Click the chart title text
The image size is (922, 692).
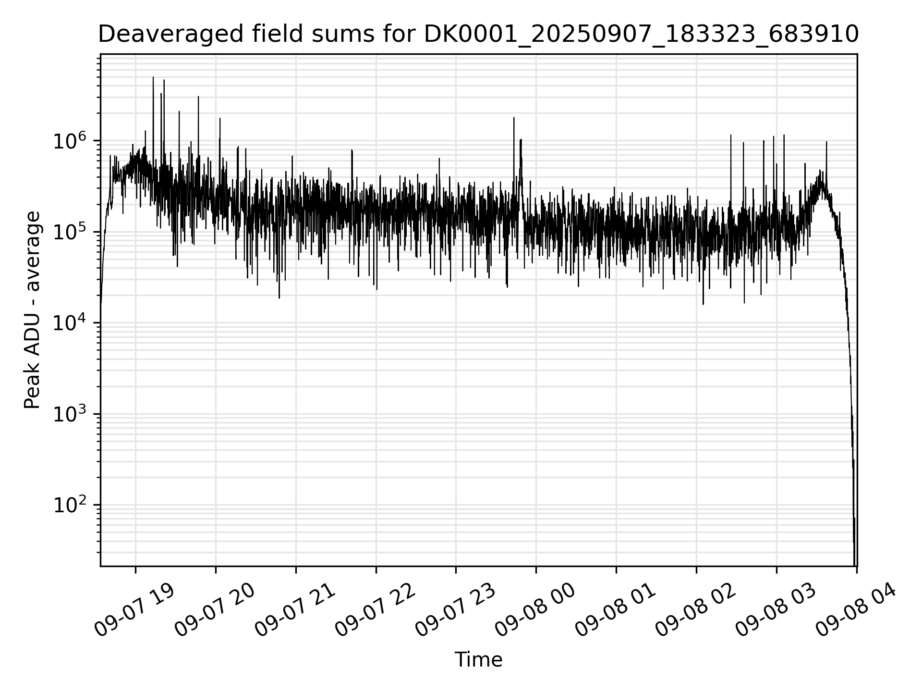coord(478,35)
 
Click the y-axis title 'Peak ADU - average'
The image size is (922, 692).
coord(33,310)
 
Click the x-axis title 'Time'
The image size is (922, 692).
coord(478,660)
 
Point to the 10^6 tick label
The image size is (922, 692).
coord(69,141)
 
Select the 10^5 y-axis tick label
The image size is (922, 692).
coord(69,233)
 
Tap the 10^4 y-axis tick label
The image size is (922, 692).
coord(69,323)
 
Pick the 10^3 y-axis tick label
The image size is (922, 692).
coord(69,414)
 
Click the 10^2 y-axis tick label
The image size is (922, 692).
coord(69,506)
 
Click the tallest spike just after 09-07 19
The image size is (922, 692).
coord(153,78)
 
